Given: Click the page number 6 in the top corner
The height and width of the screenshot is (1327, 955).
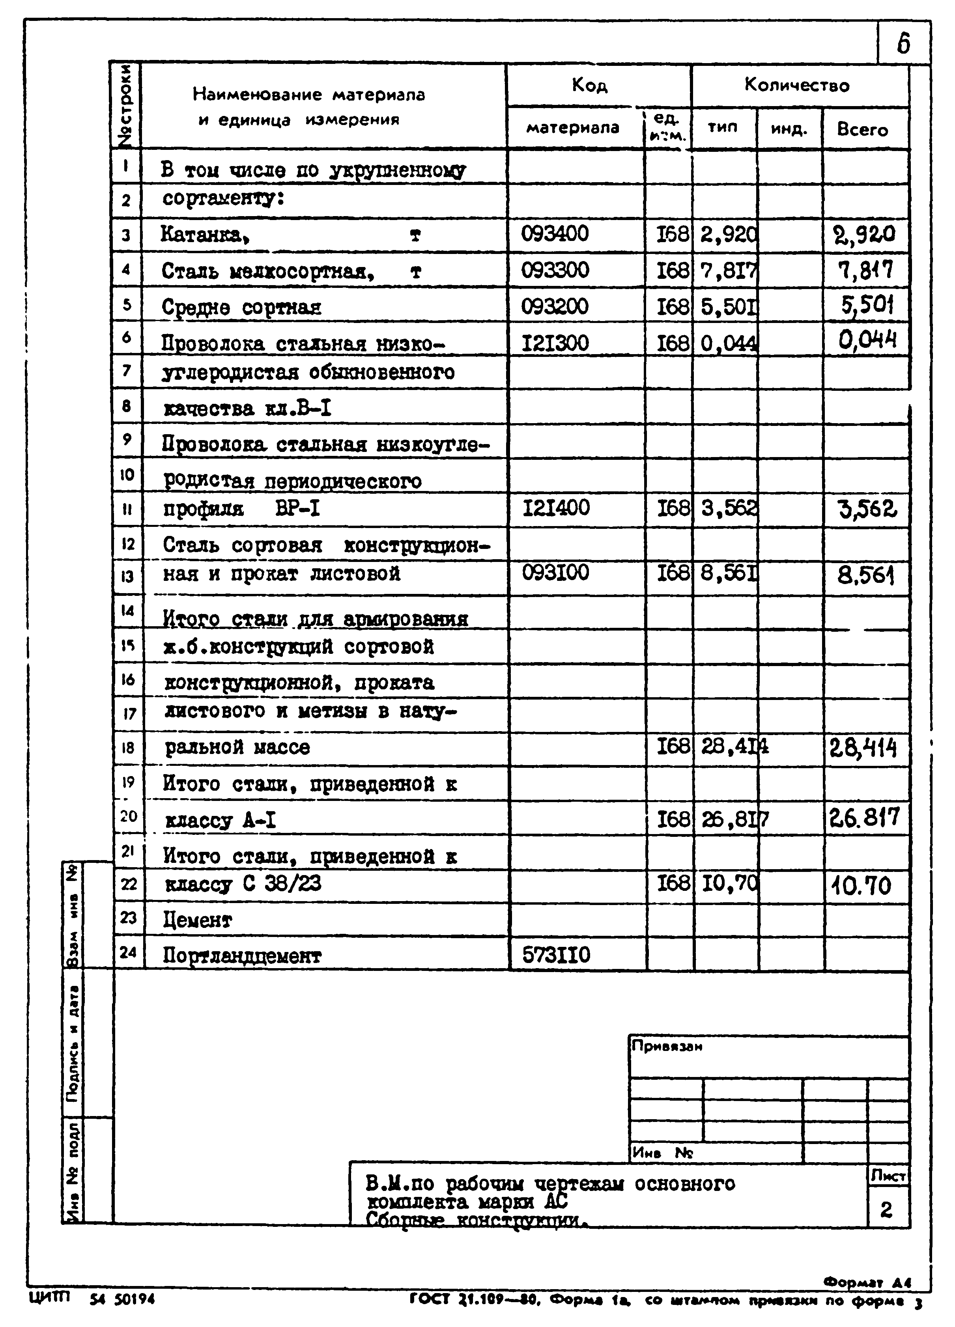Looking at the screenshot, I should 903,43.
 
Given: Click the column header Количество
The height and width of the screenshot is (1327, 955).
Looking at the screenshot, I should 796,86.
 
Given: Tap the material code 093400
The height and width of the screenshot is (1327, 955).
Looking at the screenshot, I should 555,234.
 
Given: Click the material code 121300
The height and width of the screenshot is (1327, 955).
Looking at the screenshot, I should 555,343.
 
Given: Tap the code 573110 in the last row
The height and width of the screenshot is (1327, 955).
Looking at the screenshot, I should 556,955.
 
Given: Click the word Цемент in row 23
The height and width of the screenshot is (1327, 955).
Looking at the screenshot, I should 197,920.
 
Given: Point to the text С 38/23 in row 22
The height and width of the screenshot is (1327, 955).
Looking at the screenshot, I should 282,883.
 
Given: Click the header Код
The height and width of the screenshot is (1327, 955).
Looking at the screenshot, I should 589,86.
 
